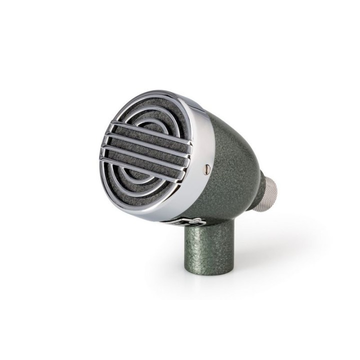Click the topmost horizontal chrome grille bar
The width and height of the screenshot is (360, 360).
[x=145, y=126]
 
